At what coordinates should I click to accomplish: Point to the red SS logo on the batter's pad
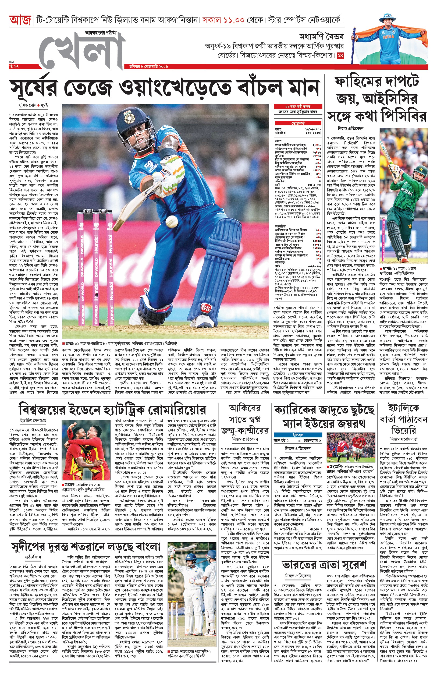[205, 308]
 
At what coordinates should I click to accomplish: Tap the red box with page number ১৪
[340, 56]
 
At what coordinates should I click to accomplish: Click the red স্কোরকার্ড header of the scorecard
[298, 123]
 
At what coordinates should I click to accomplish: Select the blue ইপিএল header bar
[298, 434]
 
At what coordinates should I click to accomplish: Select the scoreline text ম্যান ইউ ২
[281, 440]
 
